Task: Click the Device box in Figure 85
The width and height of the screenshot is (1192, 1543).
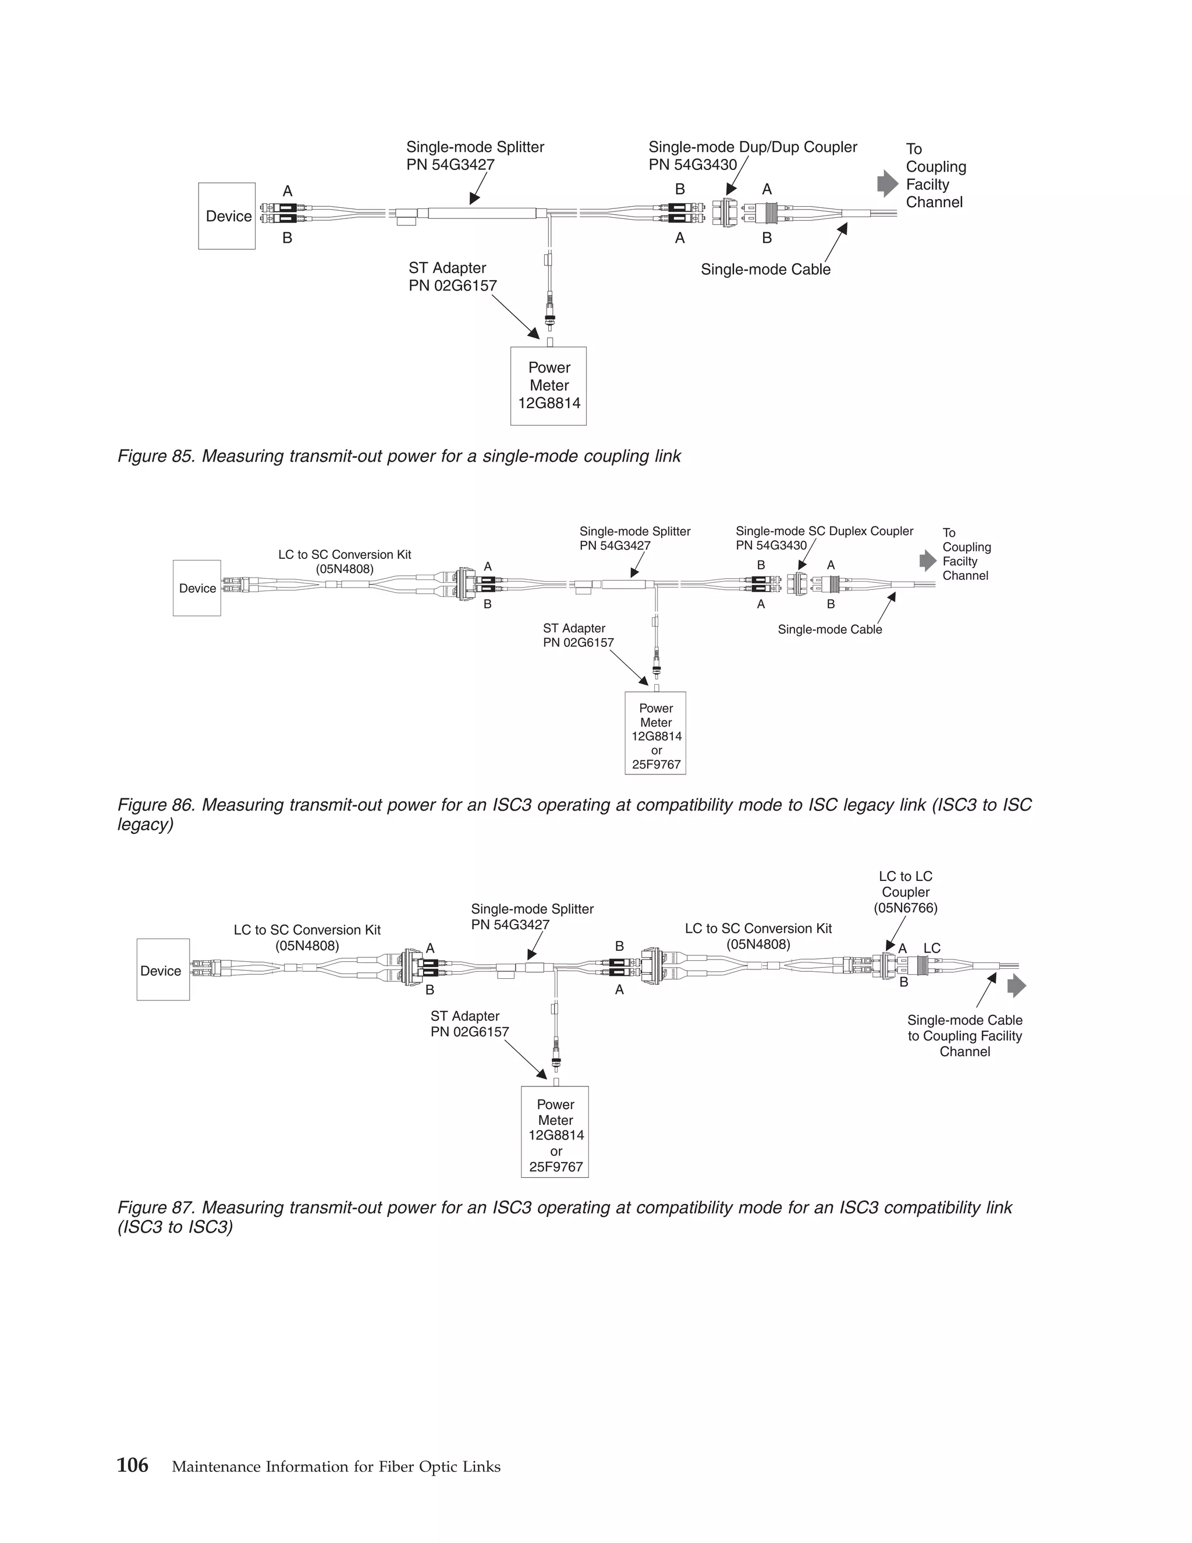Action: click(226, 216)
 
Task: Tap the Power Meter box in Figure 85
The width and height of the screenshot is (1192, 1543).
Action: click(549, 385)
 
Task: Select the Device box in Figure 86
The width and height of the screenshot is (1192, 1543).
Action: click(197, 589)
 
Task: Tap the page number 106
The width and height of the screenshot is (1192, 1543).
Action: click(133, 1466)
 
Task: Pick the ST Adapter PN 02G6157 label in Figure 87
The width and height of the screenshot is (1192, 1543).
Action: click(470, 1024)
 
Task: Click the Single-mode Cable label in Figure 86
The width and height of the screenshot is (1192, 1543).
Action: click(830, 629)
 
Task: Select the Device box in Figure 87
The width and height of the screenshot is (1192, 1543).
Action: click(163, 970)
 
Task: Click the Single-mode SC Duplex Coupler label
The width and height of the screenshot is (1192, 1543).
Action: click(824, 531)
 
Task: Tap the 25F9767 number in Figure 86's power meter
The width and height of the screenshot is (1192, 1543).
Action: click(656, 765)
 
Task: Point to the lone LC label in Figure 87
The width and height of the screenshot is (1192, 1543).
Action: click(932, 948)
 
